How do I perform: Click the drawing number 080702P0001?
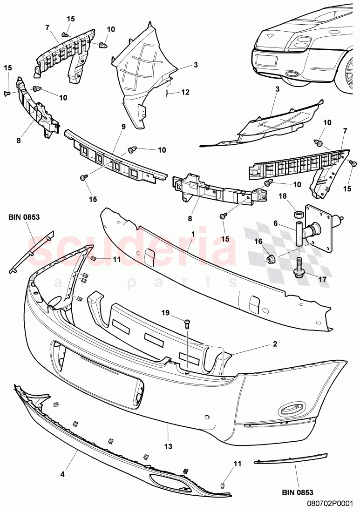[333, 503]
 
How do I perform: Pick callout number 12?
[185, 92]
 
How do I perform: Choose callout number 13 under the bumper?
[168, 446]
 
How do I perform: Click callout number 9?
[123, 126]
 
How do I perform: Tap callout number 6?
[275, 224]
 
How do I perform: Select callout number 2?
[275, 344]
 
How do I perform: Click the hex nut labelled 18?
[297, 215]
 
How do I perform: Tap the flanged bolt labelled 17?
[298, 267]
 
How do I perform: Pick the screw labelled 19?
[187, 322]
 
